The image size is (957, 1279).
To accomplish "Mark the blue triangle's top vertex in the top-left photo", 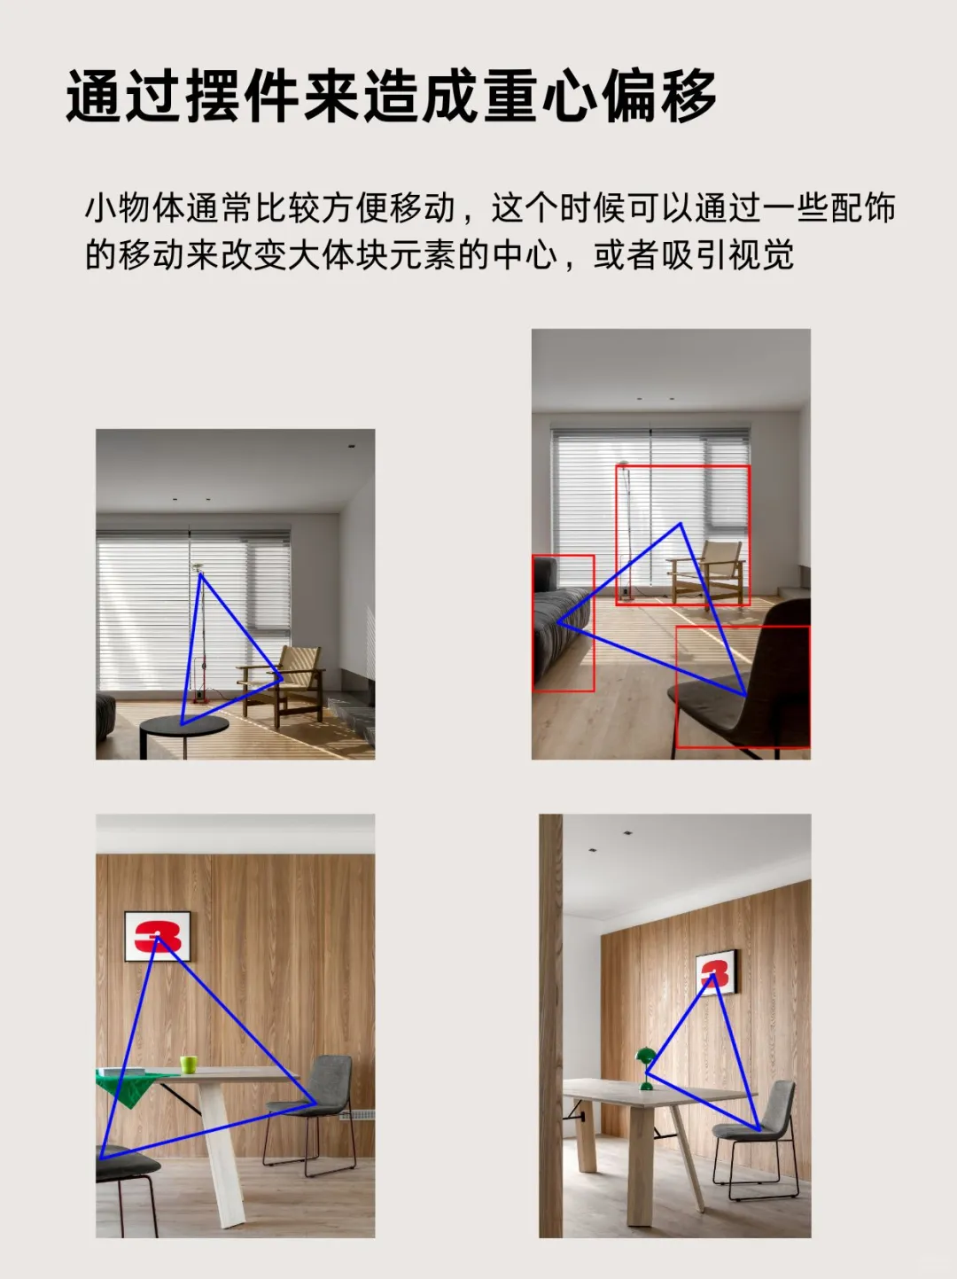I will click(201, 574).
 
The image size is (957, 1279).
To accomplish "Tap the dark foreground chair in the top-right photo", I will click(753, 682).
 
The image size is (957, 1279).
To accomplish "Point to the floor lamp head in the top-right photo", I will click(624, 464).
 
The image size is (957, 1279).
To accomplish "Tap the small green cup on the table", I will click(188, 1064).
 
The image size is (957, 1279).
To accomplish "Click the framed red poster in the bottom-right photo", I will click(715, 972).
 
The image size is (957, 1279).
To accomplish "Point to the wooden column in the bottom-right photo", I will click(550, 1019).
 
